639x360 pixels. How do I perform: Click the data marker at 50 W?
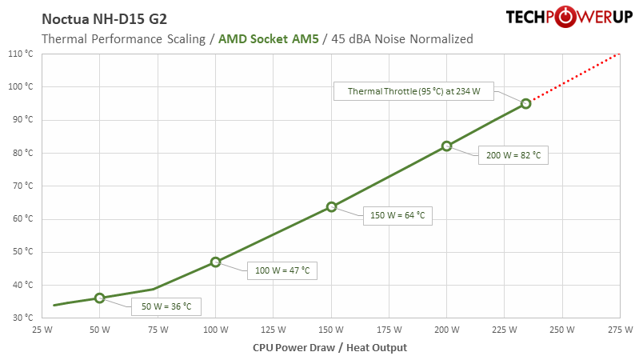(99, 298)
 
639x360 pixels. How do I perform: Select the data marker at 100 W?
(215, 262)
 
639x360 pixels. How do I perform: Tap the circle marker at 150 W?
(331, 206)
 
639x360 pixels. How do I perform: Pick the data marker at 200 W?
(447, 146)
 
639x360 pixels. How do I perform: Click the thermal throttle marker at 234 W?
(525, 103)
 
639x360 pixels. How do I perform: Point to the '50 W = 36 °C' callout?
(167, 305)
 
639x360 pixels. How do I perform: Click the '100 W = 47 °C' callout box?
(281, 271)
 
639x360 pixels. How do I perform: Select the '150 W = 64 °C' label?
(397, 214)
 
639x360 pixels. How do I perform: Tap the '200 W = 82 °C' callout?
(513, 155)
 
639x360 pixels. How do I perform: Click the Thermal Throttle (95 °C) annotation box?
(413, 91)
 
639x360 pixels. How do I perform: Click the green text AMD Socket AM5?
(268, 38)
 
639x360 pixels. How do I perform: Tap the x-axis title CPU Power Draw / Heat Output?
(329, 347)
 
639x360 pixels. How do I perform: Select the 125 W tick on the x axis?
(273, 330)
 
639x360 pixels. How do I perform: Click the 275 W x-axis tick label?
(621, 330)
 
